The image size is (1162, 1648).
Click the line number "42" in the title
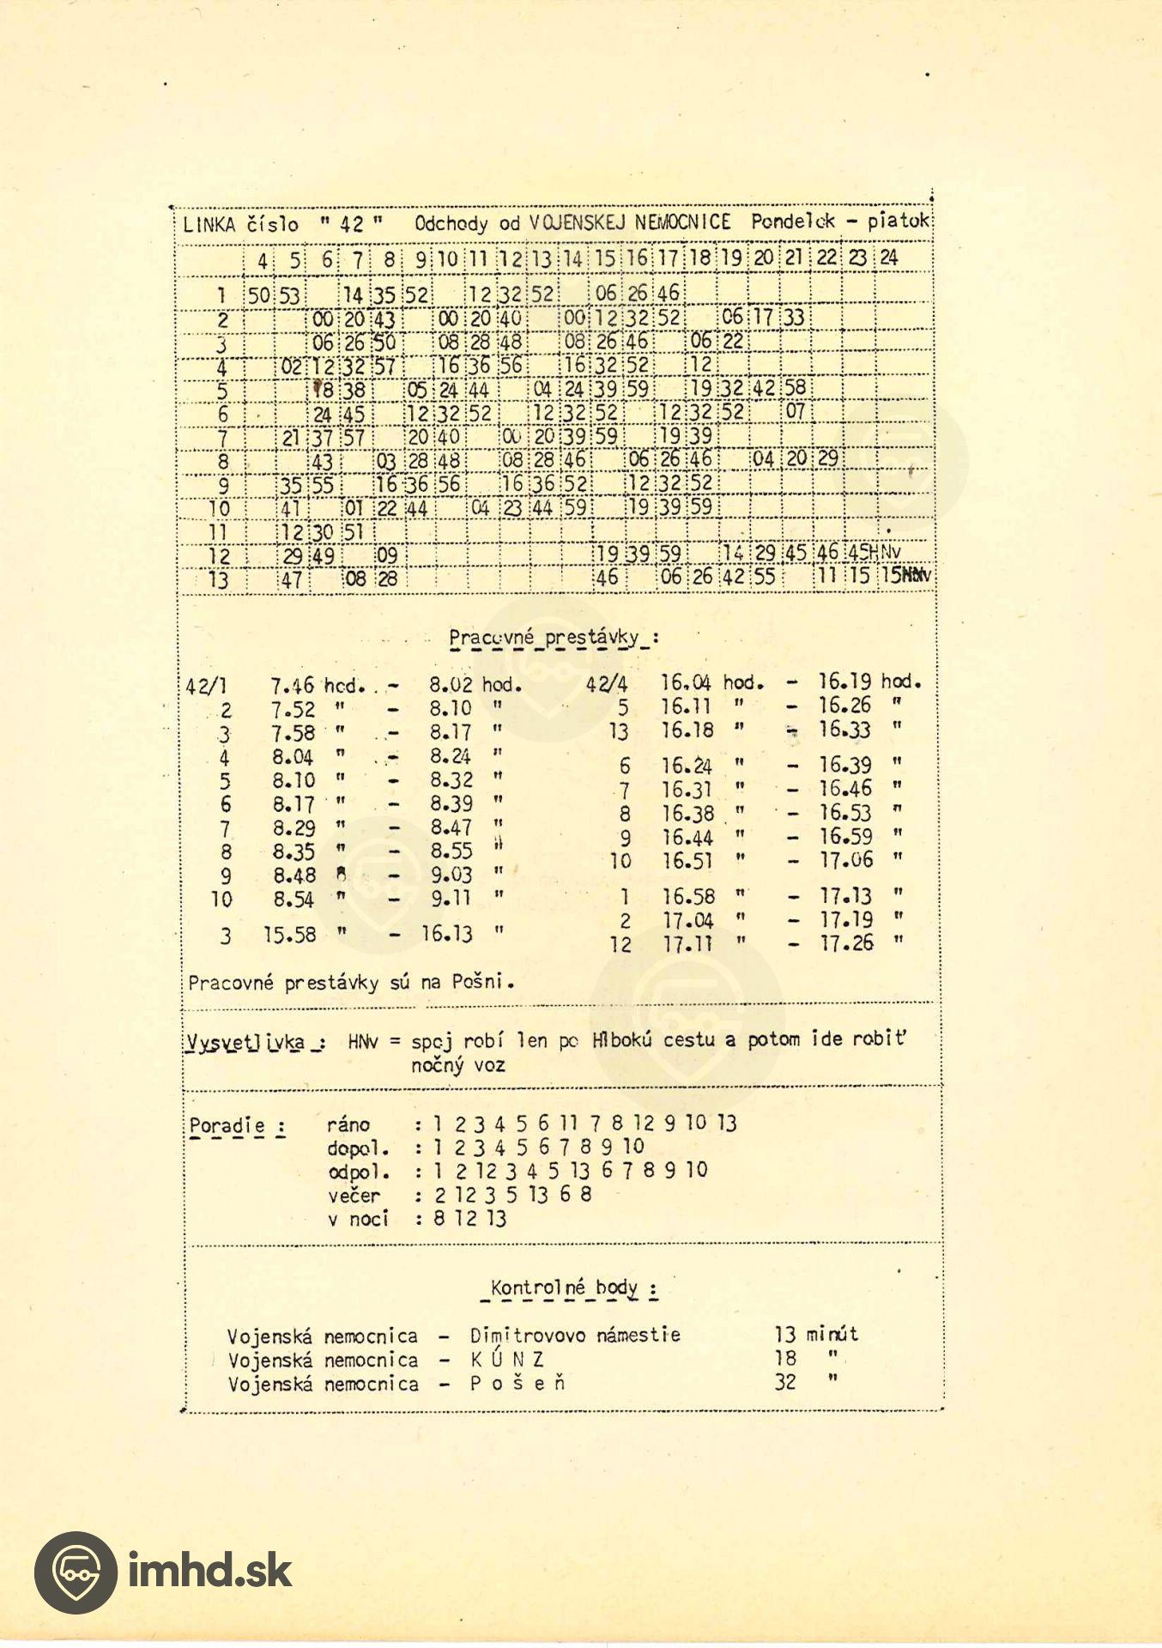[x=352, y=225]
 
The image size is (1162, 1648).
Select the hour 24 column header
[x=888, y=257]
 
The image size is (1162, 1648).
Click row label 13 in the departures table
[x=219, y=579]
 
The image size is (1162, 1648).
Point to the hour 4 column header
[x=262, y=260]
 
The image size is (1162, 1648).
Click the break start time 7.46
[x=292, y=686]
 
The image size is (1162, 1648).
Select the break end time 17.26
[x=846, y=943]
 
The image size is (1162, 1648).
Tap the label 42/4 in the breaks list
[x=607, y=685]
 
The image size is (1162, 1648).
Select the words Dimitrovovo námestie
[x=575, y=1336]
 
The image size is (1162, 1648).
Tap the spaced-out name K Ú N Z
[x=507, y=1360]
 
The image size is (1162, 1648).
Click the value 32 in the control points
[x=785, y=1383]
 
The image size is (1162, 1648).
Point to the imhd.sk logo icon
[x=76, y=1572]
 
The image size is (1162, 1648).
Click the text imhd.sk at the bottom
[x=209, y=1571]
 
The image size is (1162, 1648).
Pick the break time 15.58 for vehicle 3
[x=289, y=935]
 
